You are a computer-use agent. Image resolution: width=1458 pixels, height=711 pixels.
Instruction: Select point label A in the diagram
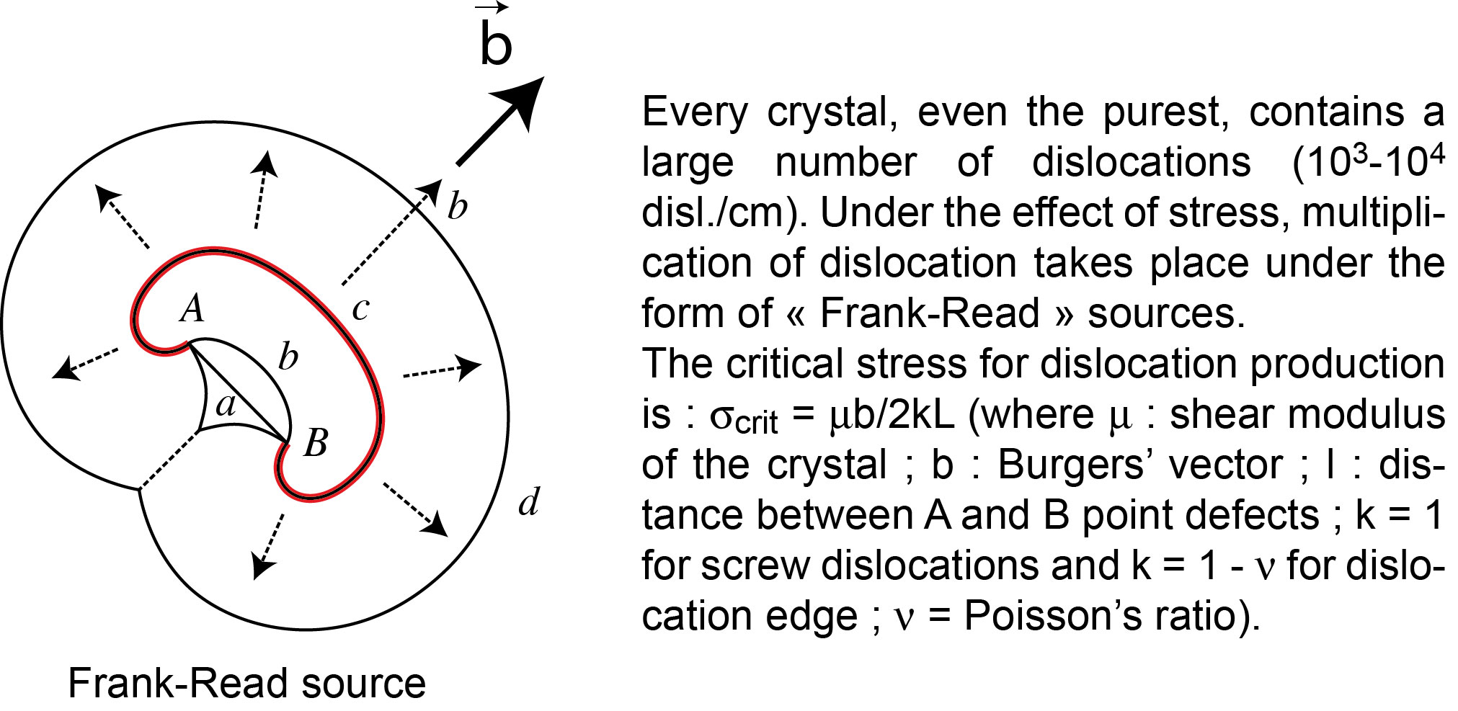(x=192, y=309)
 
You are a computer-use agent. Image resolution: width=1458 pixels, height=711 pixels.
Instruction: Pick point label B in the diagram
(x=316, y=442)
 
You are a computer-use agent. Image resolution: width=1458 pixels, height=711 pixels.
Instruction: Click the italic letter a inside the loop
(x=226, y=405)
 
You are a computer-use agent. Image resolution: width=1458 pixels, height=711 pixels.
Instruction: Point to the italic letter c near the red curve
(x=360, y=309)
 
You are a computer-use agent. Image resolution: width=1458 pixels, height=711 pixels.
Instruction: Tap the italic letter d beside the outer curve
(x=529, y=501)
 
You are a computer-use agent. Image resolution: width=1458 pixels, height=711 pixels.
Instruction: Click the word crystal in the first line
(x=831, y=113)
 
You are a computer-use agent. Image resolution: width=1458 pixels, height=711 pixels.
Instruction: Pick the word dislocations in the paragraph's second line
(x=1141, y=163)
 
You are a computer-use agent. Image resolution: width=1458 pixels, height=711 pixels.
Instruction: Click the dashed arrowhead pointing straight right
(x=469, y=367)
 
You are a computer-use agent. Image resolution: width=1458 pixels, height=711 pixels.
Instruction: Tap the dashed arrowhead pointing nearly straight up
(x=267, y=163)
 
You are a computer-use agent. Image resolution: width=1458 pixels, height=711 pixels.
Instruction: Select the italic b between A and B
(x=288, y=357)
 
